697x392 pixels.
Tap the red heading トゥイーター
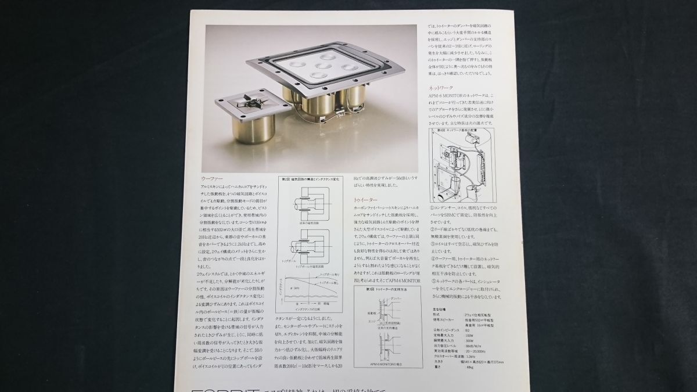tap(365, 199)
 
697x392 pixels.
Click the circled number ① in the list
tap(432, 206)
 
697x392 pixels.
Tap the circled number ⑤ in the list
tap(432, 280)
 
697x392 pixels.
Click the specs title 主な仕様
tap(439, 309)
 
